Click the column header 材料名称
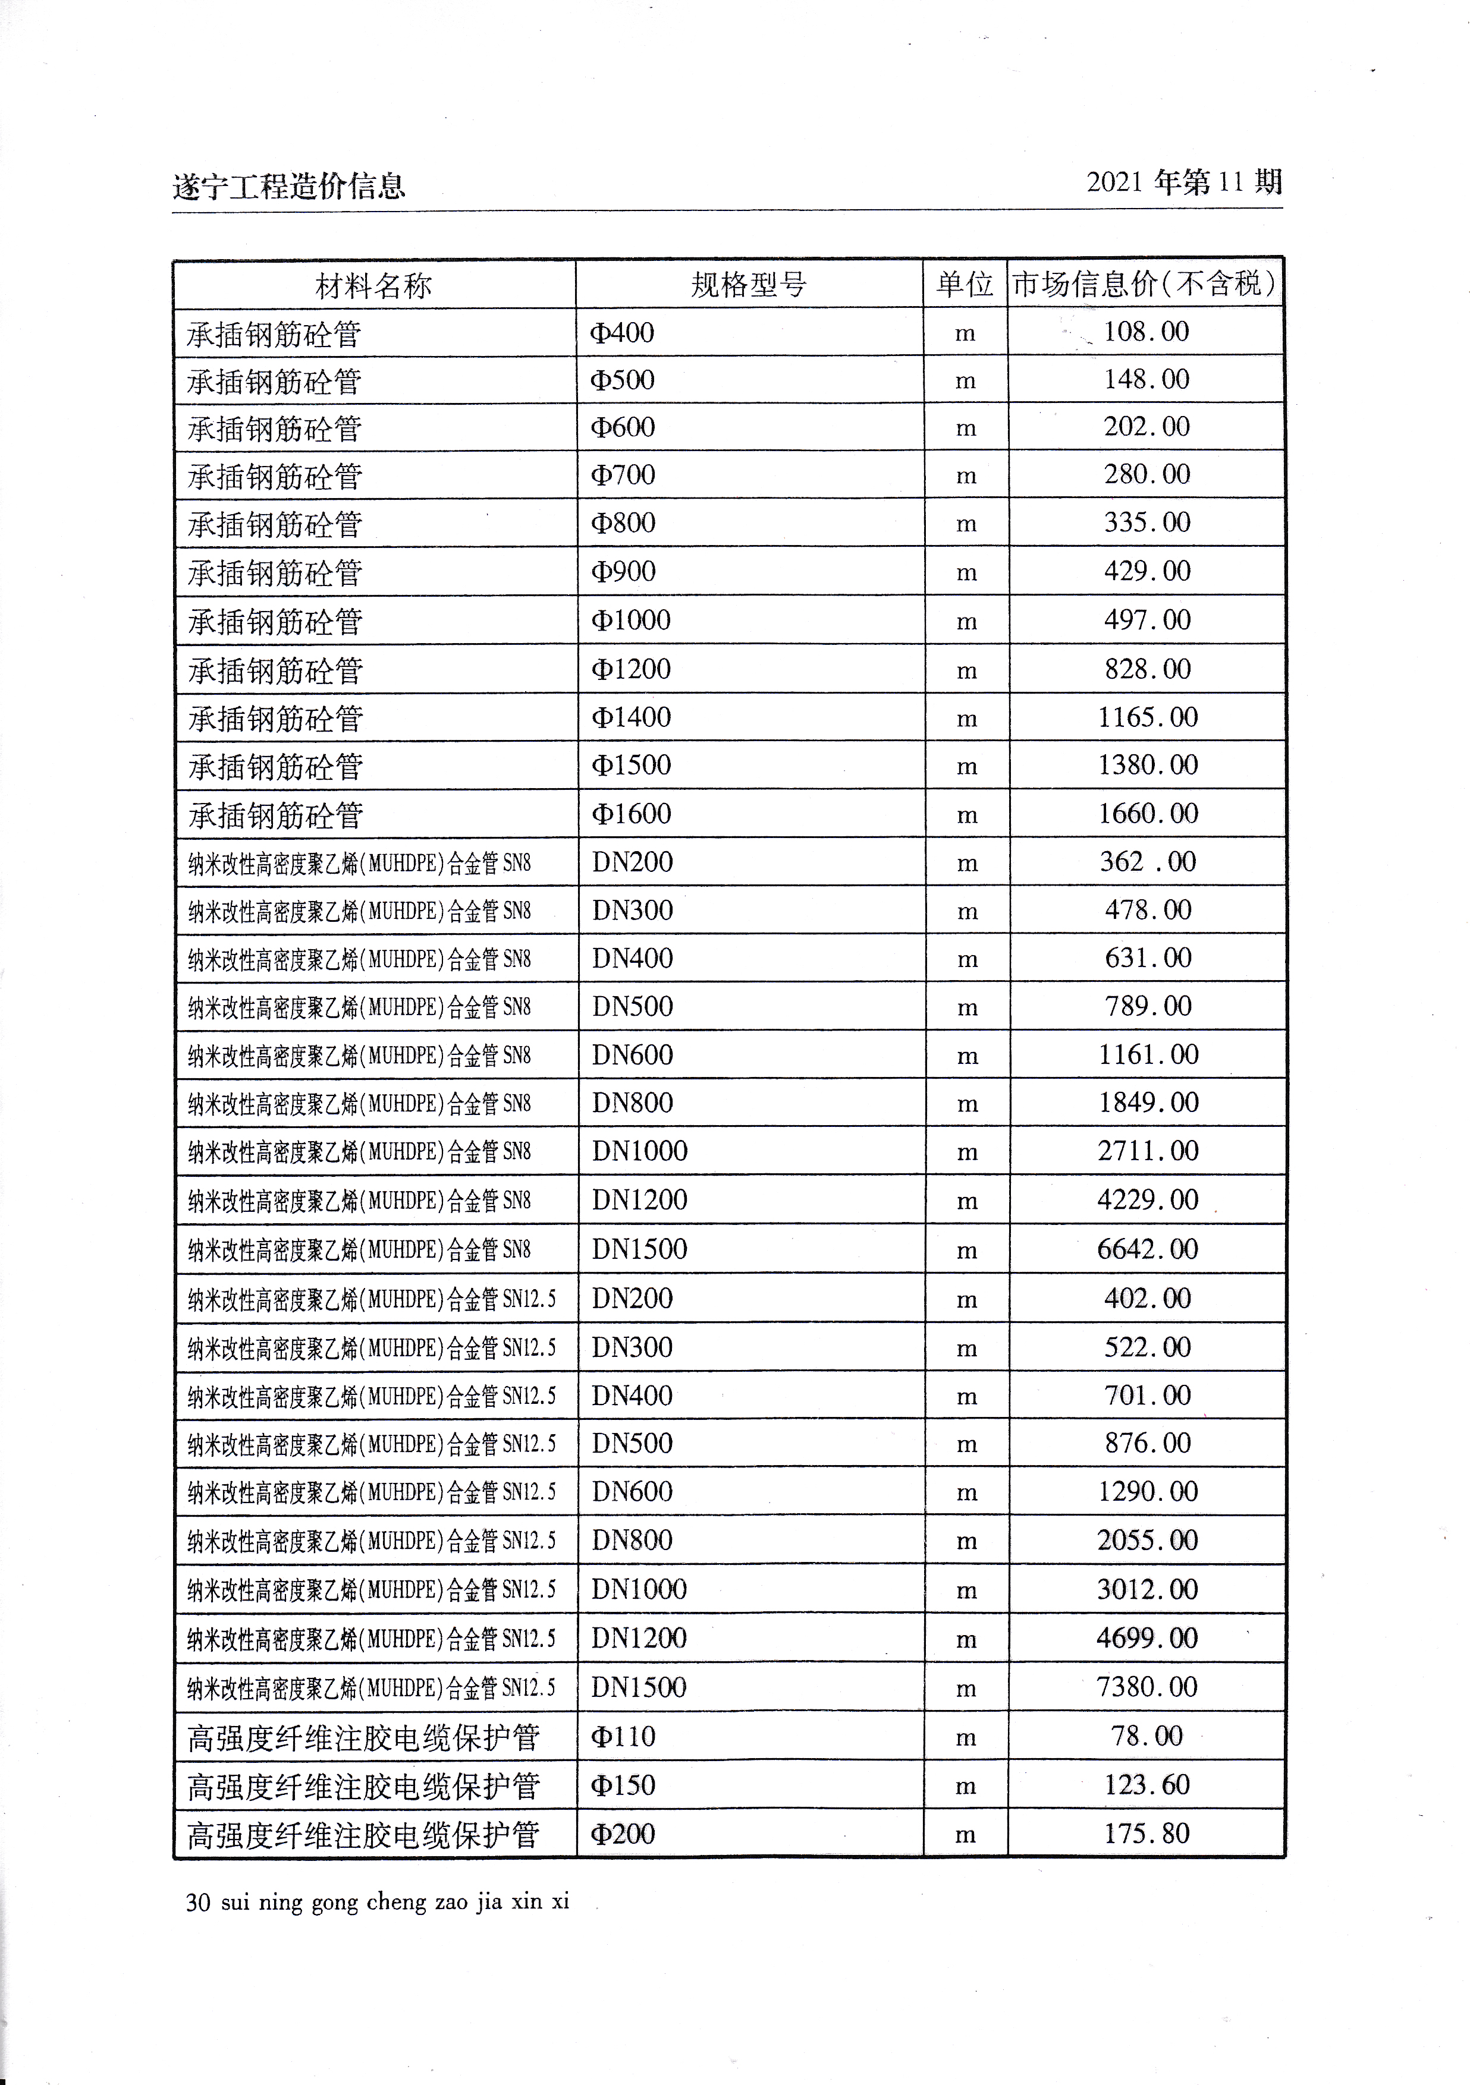click(373, 285)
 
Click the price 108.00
click(1146, 332)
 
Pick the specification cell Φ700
click(623, 474)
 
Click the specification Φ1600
click(632, 814)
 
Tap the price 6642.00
click(1148, 1249)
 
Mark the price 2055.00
click(1148, 1540)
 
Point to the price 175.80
click(1147, 1834)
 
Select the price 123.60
click(1147, 1784)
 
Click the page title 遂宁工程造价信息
click(289, 186)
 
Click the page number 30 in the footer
click(198, 1901)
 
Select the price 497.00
click(1147, 621)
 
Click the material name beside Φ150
click(363, 1786)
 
